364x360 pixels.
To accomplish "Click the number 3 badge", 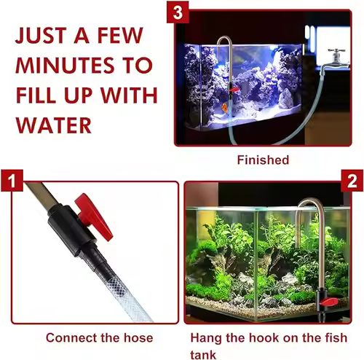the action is (178, 12).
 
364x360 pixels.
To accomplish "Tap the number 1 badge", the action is (12, 181).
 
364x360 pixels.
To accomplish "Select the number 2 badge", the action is (352, 181).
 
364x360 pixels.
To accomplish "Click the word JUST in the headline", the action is (40, 36).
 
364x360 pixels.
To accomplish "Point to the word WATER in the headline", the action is (54, 125).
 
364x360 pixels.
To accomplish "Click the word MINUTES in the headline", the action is (65, 66).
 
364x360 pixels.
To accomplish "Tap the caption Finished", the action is (263, 160).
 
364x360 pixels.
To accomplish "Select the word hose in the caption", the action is (138, 337).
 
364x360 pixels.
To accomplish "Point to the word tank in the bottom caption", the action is (203, 355).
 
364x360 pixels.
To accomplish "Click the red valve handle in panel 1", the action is (94, 215).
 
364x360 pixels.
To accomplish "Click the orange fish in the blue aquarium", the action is (226, 108).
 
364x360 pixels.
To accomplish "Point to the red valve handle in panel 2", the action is (328, 302).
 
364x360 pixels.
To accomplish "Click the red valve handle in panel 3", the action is (234, 90).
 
